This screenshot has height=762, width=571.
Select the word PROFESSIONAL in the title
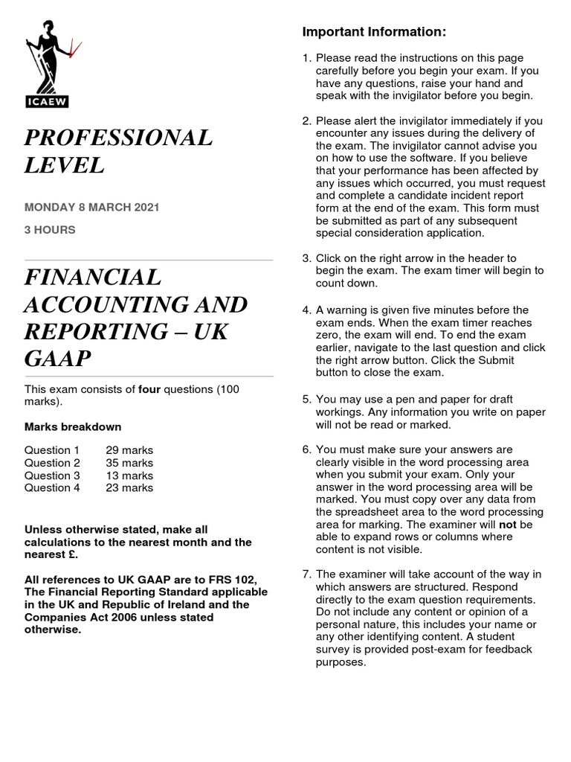click(118, 138)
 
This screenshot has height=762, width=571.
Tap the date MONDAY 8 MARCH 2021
click(91, 207)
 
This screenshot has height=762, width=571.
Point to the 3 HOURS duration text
click(50, 230)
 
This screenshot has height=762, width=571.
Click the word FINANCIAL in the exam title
click(93, 277)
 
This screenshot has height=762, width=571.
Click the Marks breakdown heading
click(73, 427)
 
